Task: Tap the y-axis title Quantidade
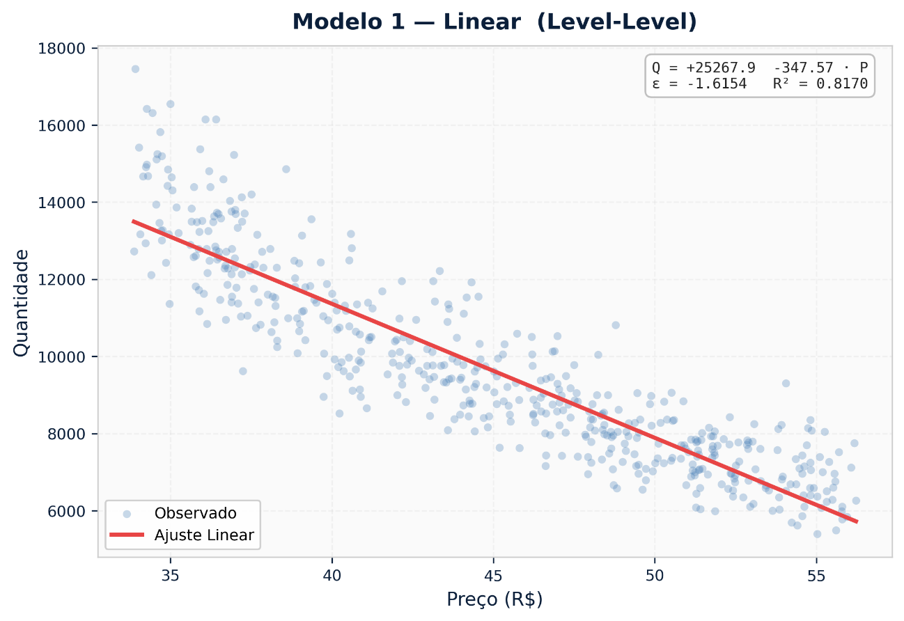pyautogui.click(x=22, y=303)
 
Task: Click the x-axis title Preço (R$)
pyautogui.click(x=494, y=599)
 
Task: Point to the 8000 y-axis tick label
pyautogui.click(x=69, y=434)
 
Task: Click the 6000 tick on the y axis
pyautogui.click(x=69, y=511)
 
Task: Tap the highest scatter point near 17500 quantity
pyautogui.click(x=135, y=69)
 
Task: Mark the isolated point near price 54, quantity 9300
pyautogui.click(x=786, y=383)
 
